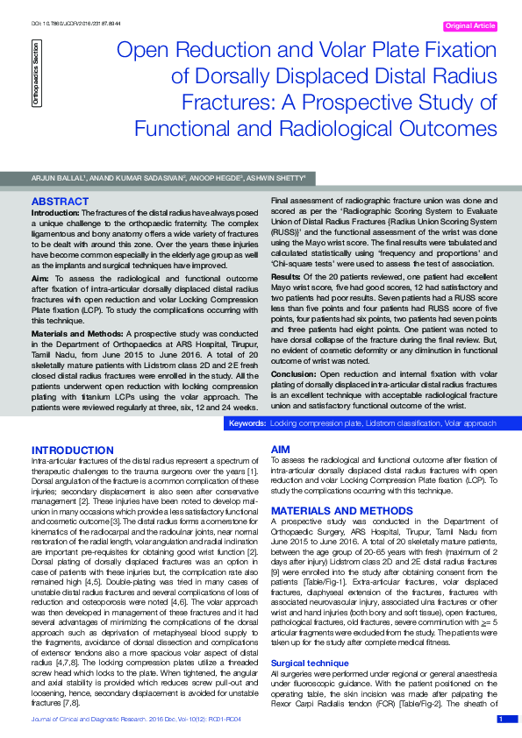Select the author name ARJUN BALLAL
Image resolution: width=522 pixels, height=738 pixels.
pyautogui.click(x=59, y=179)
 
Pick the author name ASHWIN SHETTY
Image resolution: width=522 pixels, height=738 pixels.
pyautogui.click(x=276, y=179)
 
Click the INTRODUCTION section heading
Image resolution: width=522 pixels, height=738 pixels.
pyautogui.click(x=72, y=450)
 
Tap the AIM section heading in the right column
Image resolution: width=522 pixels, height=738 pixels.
pyautogui.click(x=281, y=450)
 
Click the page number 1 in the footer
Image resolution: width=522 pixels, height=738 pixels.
pyautogui.click(x=501, y=719)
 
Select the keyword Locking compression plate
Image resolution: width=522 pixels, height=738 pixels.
pyautogui.click(x=316, y=423)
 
